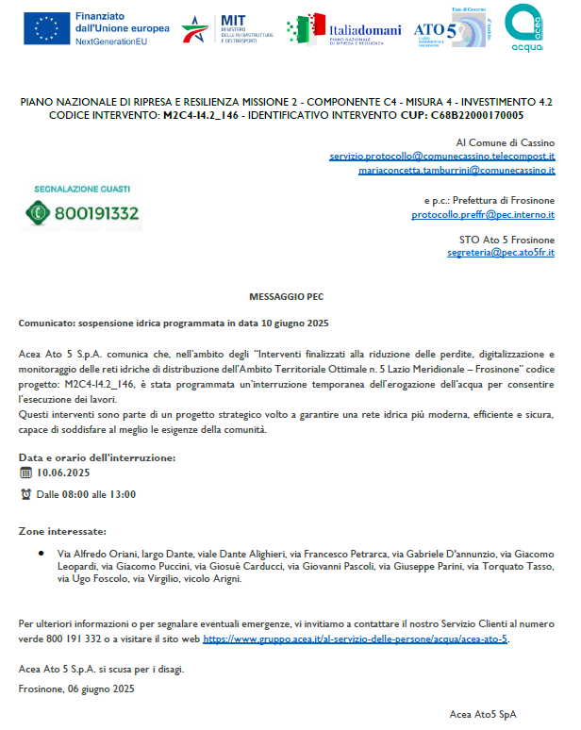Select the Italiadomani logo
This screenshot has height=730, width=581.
click(344, 29)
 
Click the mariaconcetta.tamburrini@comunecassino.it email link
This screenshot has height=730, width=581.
click(456, 171)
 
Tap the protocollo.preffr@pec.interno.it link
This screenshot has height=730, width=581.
click(482, 215)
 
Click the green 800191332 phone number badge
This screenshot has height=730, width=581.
click(82, 213)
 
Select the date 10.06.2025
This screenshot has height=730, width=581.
click(63, 473)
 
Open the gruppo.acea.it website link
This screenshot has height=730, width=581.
click(355, 639)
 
